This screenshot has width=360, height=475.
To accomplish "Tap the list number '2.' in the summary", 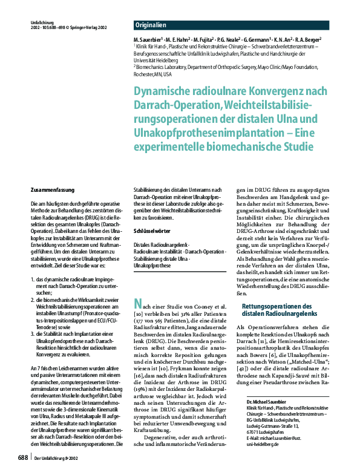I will pos(33,299).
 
